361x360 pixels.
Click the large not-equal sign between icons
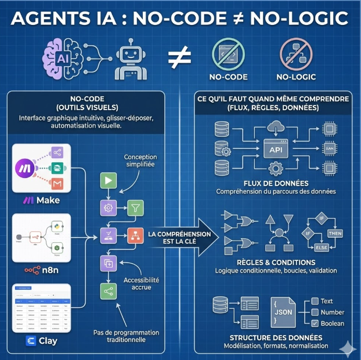[x=180, y=59]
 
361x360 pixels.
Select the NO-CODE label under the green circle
[x=228, y=77]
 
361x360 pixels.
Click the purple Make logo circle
[x=27, y=168]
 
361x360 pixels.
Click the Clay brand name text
[x=48, y=341]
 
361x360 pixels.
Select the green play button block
[x=108, y=180]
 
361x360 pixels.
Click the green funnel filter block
[x=135, y=207]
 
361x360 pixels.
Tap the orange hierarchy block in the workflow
[x=135, y=235]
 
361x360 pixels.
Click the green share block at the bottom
[x=108, y=291]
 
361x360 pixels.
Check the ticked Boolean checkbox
[x=315, y=323]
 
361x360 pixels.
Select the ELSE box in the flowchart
[x=321, y=248]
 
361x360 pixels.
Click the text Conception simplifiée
[x=140, y=161]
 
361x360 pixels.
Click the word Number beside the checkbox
[x=333, y=312]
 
